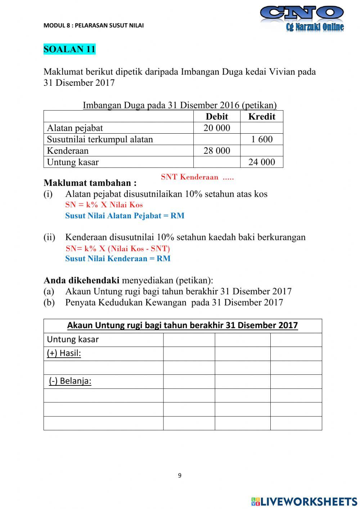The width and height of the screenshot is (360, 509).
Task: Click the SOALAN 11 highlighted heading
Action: pyautogui.click(x=69, y=49)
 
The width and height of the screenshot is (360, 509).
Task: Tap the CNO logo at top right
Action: pyautogui.click(x=302, y=18)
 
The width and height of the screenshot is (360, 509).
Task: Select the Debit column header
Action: pyautogui.click(x=217, y=116)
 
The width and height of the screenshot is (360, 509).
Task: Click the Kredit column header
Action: pyautogui.click(x=262, y=116)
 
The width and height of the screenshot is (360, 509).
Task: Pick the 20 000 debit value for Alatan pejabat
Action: pyautogui.click(x=217, y=128)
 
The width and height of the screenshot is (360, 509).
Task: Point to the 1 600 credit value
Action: pyautogui.click(x=262, y=139)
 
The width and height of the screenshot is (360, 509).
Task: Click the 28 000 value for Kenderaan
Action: pyautogui.click(x=217, y=151)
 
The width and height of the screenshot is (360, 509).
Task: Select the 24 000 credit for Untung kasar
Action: pyautogui.click(x=262, y=162)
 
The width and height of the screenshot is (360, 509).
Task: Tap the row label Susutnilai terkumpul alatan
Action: pyautogui.click(x=100, y=139)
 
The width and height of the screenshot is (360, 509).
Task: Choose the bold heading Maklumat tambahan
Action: pyautogui.click(x=90, y=183)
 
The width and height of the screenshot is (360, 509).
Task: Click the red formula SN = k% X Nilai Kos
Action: pyautogui.click(x=104, y=205)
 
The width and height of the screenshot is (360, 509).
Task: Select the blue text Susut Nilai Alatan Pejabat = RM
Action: pyautogui.click(x=125, y=216)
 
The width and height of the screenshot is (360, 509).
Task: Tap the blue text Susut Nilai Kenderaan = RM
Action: pyautogui.click(x=118, y=259)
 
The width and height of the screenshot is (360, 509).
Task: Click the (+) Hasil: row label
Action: pyautogui.click(x=64, y=353)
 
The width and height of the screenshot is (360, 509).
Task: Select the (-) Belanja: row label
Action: pyautogui.click(x=70, y=381)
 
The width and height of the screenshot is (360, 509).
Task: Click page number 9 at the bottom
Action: pyautogui.click(x=180, y=475)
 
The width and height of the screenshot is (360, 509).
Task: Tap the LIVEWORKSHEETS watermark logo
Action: pyautogui.click(x=304, y=501)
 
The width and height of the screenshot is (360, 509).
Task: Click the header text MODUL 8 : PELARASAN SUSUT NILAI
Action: pyautogui.click(x=94, y=25)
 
